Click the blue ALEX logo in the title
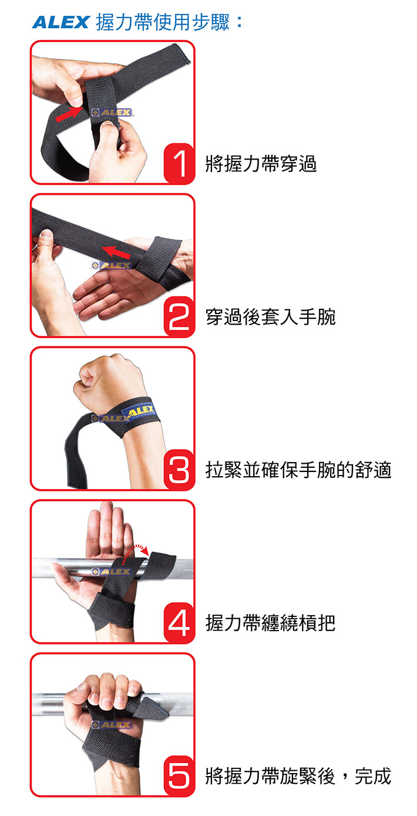(60, 22)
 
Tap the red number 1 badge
(179, 164)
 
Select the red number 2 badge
(179, 316)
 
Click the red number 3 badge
(179, 470)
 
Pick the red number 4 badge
(179, 622)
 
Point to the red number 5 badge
(179, 775)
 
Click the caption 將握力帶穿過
(261, 164)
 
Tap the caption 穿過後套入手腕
(271, 316)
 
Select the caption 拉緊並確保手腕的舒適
(298, 470)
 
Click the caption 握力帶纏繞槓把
(271, 622)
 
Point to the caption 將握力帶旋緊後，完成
(298, 775)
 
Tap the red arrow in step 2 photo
(116, 252)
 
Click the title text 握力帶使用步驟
(163, 22)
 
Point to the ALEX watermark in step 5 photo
(111, 725)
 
